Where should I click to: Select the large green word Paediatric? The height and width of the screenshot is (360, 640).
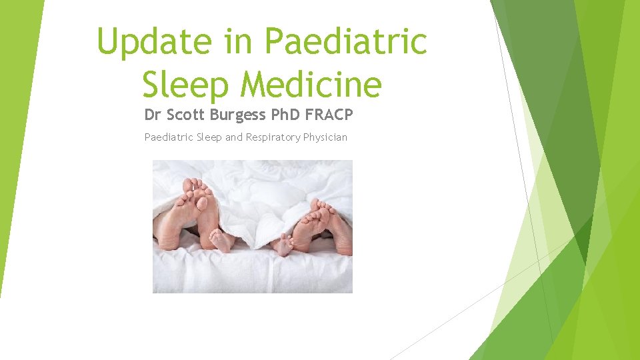point(346,41)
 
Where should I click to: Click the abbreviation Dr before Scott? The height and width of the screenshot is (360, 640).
point(153,115)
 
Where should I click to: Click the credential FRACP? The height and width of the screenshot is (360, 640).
point(329,115)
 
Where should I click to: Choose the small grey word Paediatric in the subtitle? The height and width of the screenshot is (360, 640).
point(166,138)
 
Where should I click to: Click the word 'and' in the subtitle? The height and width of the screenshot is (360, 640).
point(233,138)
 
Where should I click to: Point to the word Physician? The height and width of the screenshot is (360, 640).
point(325,138)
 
